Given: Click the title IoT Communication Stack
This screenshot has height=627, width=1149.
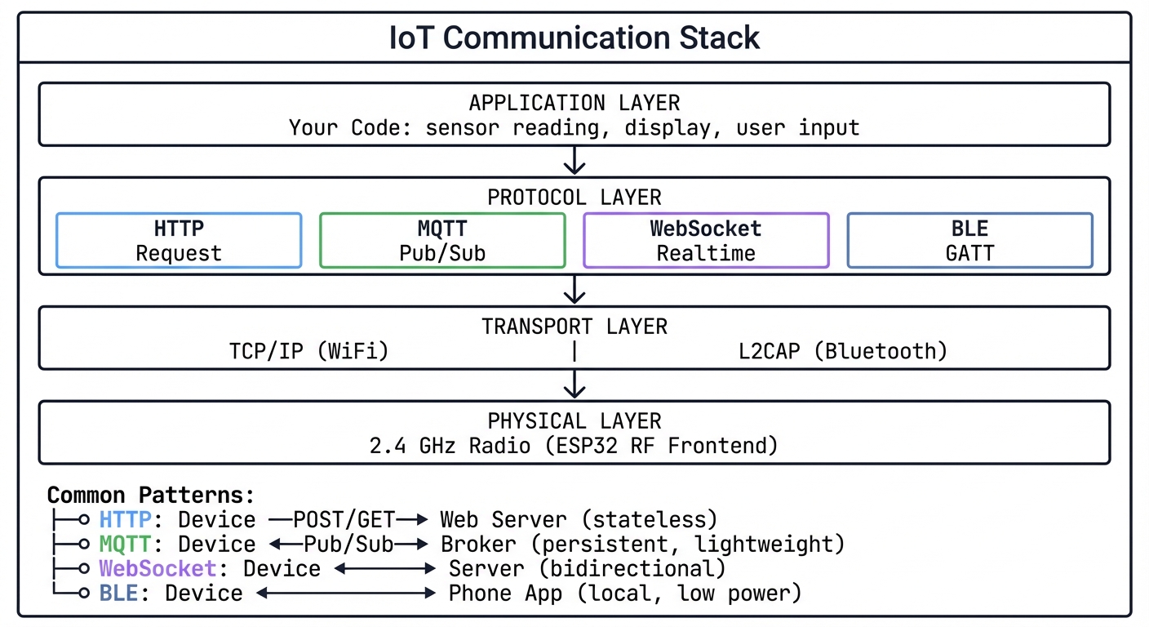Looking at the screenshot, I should pos(574,38).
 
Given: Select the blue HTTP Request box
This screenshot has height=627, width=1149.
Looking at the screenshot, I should pos(179,240).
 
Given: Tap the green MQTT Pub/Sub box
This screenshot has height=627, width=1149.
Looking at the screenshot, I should pos(442,240).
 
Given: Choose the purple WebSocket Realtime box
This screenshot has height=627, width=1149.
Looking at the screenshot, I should pos(706,240).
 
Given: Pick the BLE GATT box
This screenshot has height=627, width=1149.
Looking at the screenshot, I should pos(969,240).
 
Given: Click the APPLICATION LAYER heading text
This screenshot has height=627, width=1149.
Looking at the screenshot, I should pos(574,103).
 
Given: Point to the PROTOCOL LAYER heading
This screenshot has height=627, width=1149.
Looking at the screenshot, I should pos(574,198).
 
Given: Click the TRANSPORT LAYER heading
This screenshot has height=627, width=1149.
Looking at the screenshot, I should pos(574,327).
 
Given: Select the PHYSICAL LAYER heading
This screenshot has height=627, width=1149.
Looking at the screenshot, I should pos(574,421).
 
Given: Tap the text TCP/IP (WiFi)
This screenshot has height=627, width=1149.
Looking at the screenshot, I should pos(309,351).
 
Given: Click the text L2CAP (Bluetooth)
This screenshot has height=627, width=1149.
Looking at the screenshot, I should pos(843,351).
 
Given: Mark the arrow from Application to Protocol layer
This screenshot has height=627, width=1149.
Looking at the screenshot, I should pos(574,160).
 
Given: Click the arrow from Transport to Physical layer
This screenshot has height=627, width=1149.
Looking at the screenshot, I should pos(574,384).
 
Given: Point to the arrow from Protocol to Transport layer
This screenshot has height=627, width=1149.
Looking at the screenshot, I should pos(574,289).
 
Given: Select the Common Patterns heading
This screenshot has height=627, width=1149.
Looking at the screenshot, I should pos(151,495).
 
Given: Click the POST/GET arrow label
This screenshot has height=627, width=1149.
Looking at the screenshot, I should pos(344,519).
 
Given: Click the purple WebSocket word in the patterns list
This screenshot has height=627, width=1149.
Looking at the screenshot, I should pos(157,568).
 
